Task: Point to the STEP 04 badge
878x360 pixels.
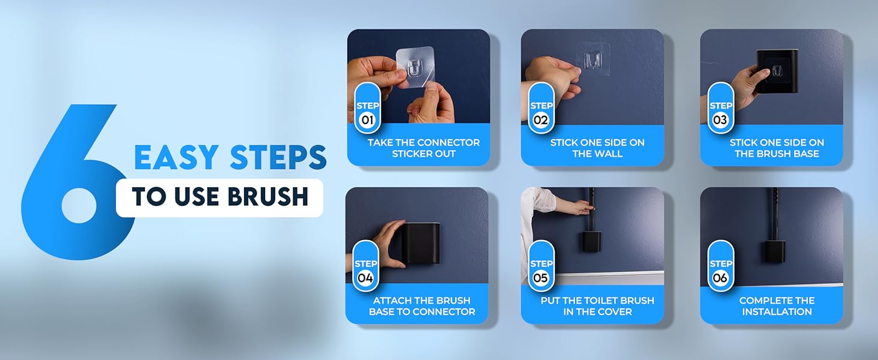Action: pos(365,271)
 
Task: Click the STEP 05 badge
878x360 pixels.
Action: pos(542,271)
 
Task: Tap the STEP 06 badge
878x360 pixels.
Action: pos(720,271)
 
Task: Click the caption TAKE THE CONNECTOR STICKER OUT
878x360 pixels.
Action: pos(423,148)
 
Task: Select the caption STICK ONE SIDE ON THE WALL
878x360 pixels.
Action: pos(597,148)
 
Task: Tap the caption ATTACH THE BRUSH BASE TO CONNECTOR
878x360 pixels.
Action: pos(422,306)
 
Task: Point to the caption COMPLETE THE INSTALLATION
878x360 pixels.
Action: pos(776,306)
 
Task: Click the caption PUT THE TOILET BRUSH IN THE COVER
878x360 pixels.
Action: pos(597,306)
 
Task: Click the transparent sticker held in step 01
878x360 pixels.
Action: pos(414,71)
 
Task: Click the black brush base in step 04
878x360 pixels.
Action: pos(420,243)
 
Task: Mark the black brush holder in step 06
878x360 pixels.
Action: pos(774,250)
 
